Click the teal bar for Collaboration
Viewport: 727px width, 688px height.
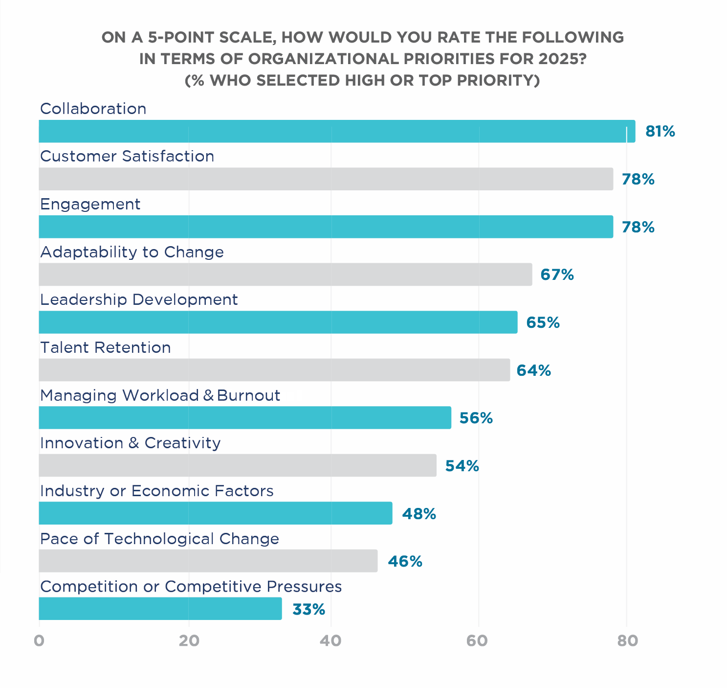point(337,131)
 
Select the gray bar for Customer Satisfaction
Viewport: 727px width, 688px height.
point(326,179)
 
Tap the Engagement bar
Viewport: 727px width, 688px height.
point(326,227)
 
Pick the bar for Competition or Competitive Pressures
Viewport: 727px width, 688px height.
point(160,609)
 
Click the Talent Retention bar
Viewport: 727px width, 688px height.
point(274,370)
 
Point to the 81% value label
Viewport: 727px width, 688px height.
point(660,131)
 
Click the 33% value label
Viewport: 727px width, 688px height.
point(308,609)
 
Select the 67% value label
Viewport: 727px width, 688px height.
point(557,275)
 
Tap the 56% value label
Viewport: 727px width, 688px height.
point(476,418)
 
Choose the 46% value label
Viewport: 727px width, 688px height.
point(405,561)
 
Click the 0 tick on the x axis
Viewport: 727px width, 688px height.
point(39,641)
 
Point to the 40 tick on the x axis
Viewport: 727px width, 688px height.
point(331,641)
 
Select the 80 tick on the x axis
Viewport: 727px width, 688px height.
point(627,641)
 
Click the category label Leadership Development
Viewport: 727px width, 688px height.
point(139,299)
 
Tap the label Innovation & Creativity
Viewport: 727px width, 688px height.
point(130,443)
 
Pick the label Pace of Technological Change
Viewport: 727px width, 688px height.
point(159,539)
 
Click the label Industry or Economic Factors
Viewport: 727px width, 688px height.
point(156,491)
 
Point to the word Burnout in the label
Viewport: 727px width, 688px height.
point(248,395)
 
